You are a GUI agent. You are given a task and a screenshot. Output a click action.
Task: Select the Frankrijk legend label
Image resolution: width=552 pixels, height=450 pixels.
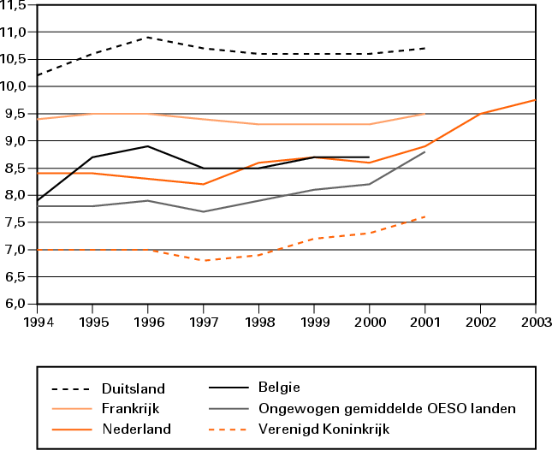click(128, 409)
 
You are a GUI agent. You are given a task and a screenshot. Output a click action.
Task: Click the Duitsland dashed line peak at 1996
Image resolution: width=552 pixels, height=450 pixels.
click(148, 37)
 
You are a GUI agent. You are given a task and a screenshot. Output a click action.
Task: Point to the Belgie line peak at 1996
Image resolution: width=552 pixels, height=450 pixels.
click(148, 146)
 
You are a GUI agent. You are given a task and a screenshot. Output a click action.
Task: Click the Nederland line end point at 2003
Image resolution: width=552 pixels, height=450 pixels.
click(535, 100)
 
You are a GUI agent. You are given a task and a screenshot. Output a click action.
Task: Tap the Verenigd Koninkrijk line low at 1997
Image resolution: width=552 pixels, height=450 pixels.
click(204, 260)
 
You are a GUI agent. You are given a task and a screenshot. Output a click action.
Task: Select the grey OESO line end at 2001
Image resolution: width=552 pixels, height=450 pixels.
click(424, 151)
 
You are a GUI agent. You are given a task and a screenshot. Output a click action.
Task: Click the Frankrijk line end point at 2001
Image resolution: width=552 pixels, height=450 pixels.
click(424, 114)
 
